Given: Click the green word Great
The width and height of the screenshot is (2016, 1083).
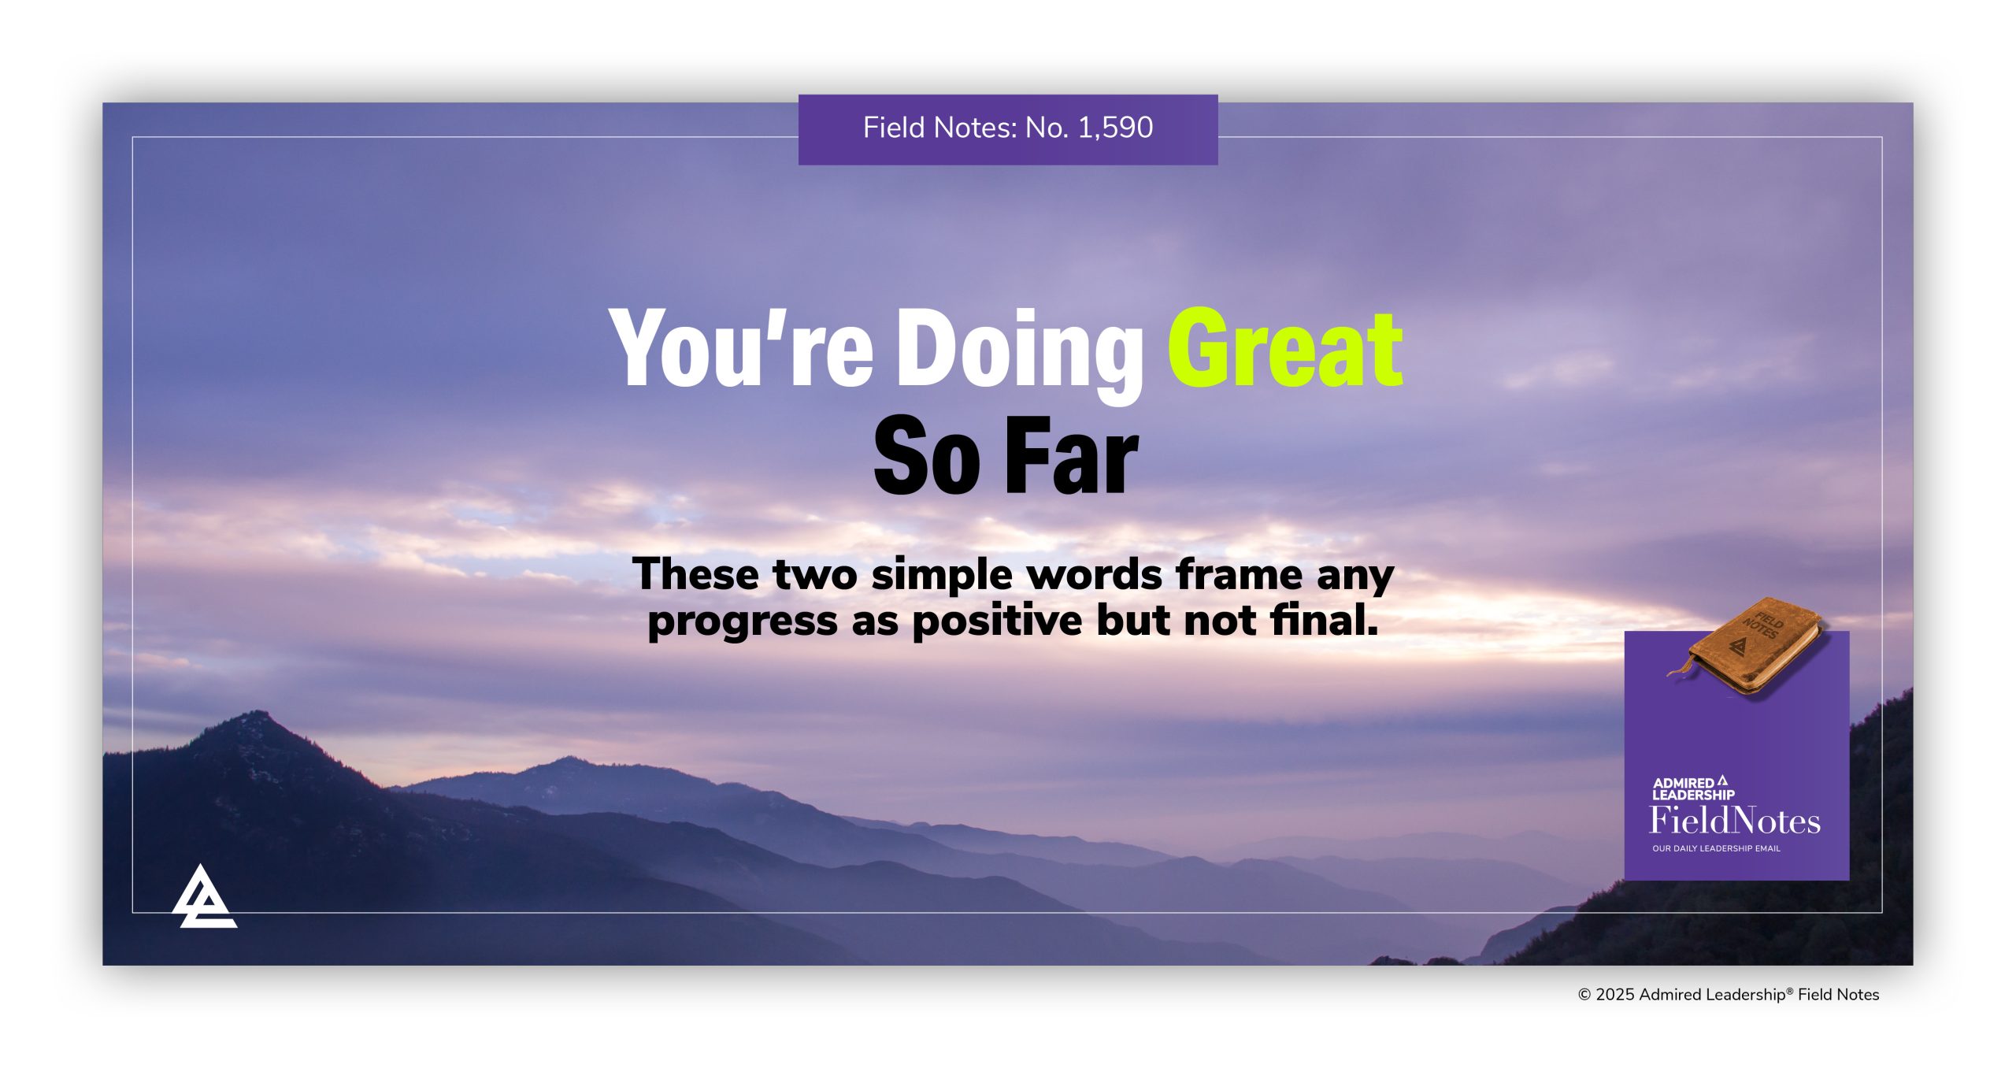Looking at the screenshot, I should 1284,348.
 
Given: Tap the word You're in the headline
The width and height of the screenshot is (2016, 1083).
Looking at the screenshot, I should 741,348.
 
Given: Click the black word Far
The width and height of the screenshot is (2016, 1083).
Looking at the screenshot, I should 1072,457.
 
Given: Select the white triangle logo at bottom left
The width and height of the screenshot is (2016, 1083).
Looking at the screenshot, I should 203,898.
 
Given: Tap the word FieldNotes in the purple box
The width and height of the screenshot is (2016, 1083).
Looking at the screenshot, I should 1735,821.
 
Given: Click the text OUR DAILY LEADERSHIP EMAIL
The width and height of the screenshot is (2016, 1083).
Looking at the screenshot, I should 1716,848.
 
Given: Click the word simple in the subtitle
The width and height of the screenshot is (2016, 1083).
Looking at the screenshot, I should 942,574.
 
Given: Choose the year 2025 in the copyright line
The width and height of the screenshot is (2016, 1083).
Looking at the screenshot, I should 1614,995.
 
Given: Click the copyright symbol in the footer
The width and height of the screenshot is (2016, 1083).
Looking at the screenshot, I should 1584,995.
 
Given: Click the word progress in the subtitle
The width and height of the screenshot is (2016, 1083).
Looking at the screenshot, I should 743,622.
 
